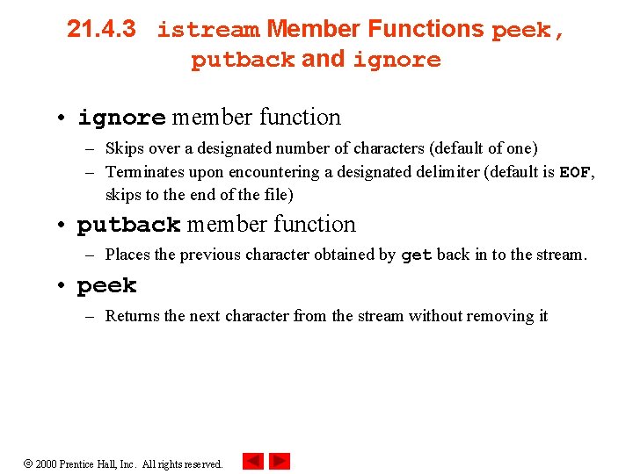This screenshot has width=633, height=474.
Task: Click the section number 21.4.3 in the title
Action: coord(101,29)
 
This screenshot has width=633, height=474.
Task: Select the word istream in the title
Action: coord(208,31)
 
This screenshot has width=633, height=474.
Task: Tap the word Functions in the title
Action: coord(426,29)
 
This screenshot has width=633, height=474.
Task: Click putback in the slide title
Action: coord(243,61)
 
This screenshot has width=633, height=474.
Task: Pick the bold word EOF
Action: coord(575,172)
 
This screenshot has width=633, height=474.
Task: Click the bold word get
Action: coord(416,255)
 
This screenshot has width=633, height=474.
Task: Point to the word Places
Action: coord(127,255)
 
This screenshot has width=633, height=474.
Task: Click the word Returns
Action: coord(132,316)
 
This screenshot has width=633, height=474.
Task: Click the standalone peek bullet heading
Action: coord(106,286)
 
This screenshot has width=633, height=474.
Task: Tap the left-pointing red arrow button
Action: coord(252,461)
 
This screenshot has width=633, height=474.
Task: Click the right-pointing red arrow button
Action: coord(280,461)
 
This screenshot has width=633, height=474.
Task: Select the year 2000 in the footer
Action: coord(46,463)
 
